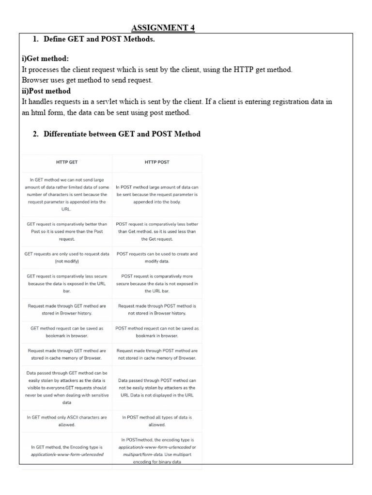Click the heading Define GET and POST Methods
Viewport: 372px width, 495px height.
[x=99, y=39]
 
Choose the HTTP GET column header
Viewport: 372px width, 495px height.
[x=67, y=162]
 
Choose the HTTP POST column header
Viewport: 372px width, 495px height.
[x=157, y=162]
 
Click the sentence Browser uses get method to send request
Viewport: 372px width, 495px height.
[x=87, y=80]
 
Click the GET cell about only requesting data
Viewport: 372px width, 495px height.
[x=67, y=257]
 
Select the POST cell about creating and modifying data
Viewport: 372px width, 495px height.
[x=157, y=257]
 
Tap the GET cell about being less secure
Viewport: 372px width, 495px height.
[x=67, y=284]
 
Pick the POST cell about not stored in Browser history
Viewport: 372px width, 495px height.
[x=157, y=310]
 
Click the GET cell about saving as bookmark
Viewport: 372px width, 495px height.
[x=67, y=332]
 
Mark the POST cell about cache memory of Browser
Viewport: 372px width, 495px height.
[x=157, y=354]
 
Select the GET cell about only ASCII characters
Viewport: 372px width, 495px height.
[x=67, y=421]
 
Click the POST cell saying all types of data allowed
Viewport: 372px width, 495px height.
[x=157, y=421]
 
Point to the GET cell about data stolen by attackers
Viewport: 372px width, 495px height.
[x=67, y=388]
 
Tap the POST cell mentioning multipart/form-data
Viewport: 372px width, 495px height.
[x=157, y=451]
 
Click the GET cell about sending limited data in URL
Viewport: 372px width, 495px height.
[x=67, y=194]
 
